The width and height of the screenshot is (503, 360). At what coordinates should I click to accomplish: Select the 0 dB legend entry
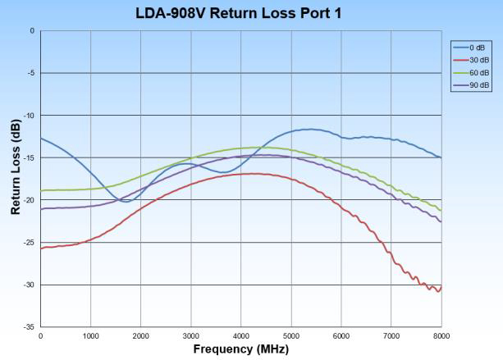471,47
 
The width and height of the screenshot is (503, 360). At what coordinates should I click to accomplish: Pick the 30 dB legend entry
471,60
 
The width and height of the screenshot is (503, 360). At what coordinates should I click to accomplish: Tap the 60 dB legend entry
471,72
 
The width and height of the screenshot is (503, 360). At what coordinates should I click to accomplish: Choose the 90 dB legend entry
471,84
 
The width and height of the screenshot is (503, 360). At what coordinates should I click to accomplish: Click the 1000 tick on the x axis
90,335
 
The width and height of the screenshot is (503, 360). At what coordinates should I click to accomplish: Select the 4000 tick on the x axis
240,335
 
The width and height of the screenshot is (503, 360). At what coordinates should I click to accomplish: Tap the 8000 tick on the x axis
441,335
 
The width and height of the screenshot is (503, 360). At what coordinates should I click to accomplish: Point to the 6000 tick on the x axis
341,335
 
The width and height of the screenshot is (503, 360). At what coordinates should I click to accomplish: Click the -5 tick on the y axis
31,73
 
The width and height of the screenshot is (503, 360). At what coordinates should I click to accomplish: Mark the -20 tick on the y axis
30,200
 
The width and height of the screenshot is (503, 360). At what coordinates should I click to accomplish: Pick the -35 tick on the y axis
30,327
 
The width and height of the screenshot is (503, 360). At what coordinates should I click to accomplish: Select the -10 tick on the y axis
30,116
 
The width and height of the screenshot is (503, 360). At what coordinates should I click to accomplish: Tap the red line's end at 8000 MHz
441,288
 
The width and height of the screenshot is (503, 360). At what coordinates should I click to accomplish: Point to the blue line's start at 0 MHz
40,138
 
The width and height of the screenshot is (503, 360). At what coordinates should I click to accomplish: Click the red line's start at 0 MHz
40,248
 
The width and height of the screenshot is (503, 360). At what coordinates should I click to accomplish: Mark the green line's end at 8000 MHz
441,210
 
